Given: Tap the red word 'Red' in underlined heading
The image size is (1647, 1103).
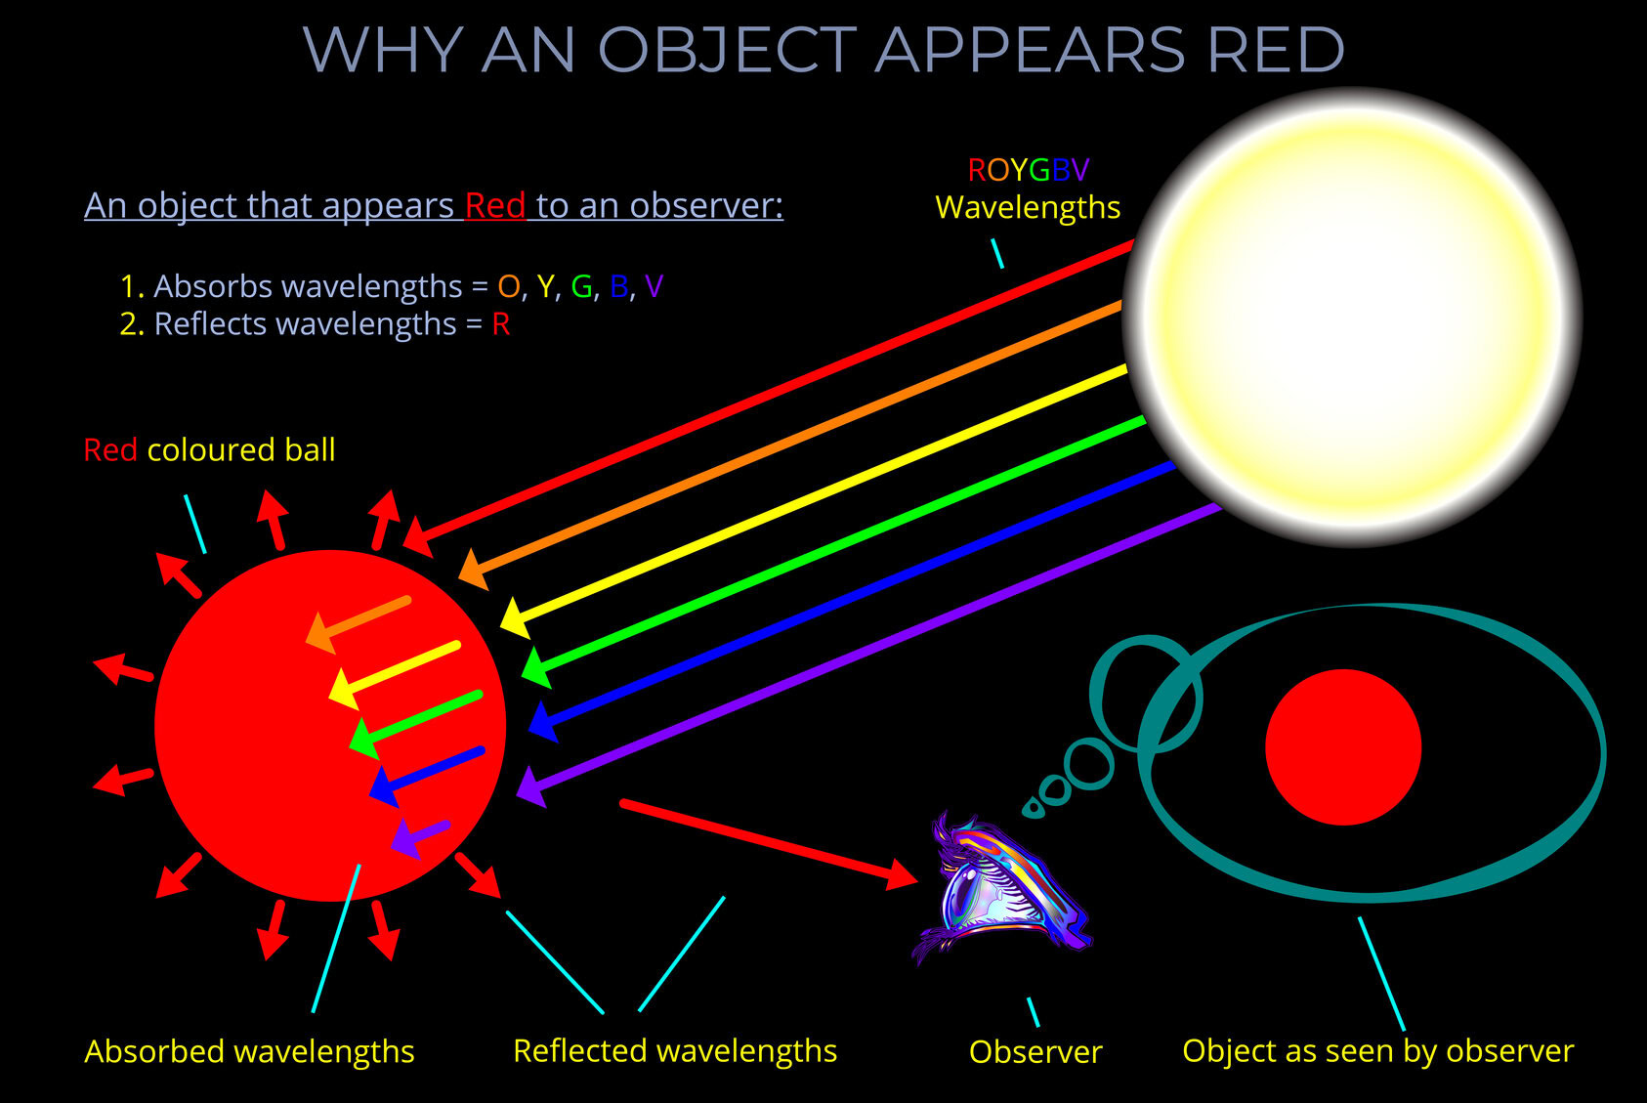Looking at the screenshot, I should [x=495, y=205].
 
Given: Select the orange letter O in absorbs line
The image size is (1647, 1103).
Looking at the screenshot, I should [x=509, y=286].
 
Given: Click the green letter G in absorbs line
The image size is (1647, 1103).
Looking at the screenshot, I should [x=581, y=286].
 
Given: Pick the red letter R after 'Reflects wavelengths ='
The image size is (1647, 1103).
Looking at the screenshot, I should [x=500, y=324].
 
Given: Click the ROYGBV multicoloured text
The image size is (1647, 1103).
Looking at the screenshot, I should [x=1028, y=170].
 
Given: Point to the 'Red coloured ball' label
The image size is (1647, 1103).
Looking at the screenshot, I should [x=209, y=449].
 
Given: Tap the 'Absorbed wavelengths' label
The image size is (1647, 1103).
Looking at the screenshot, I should [x=249, y=1051].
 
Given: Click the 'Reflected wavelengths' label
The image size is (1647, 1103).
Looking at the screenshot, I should [x=674, y=1050].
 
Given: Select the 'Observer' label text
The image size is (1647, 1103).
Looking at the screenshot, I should [x=1035, y=1052].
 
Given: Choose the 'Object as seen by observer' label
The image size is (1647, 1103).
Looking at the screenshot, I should [x=1377, y=1050].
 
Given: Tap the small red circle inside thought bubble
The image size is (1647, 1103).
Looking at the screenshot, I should [x=1343, y=747].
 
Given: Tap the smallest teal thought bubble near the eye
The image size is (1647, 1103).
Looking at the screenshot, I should [x=1033, y=807].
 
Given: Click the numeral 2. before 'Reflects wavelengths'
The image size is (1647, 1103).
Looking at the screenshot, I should [x=131, y=324].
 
